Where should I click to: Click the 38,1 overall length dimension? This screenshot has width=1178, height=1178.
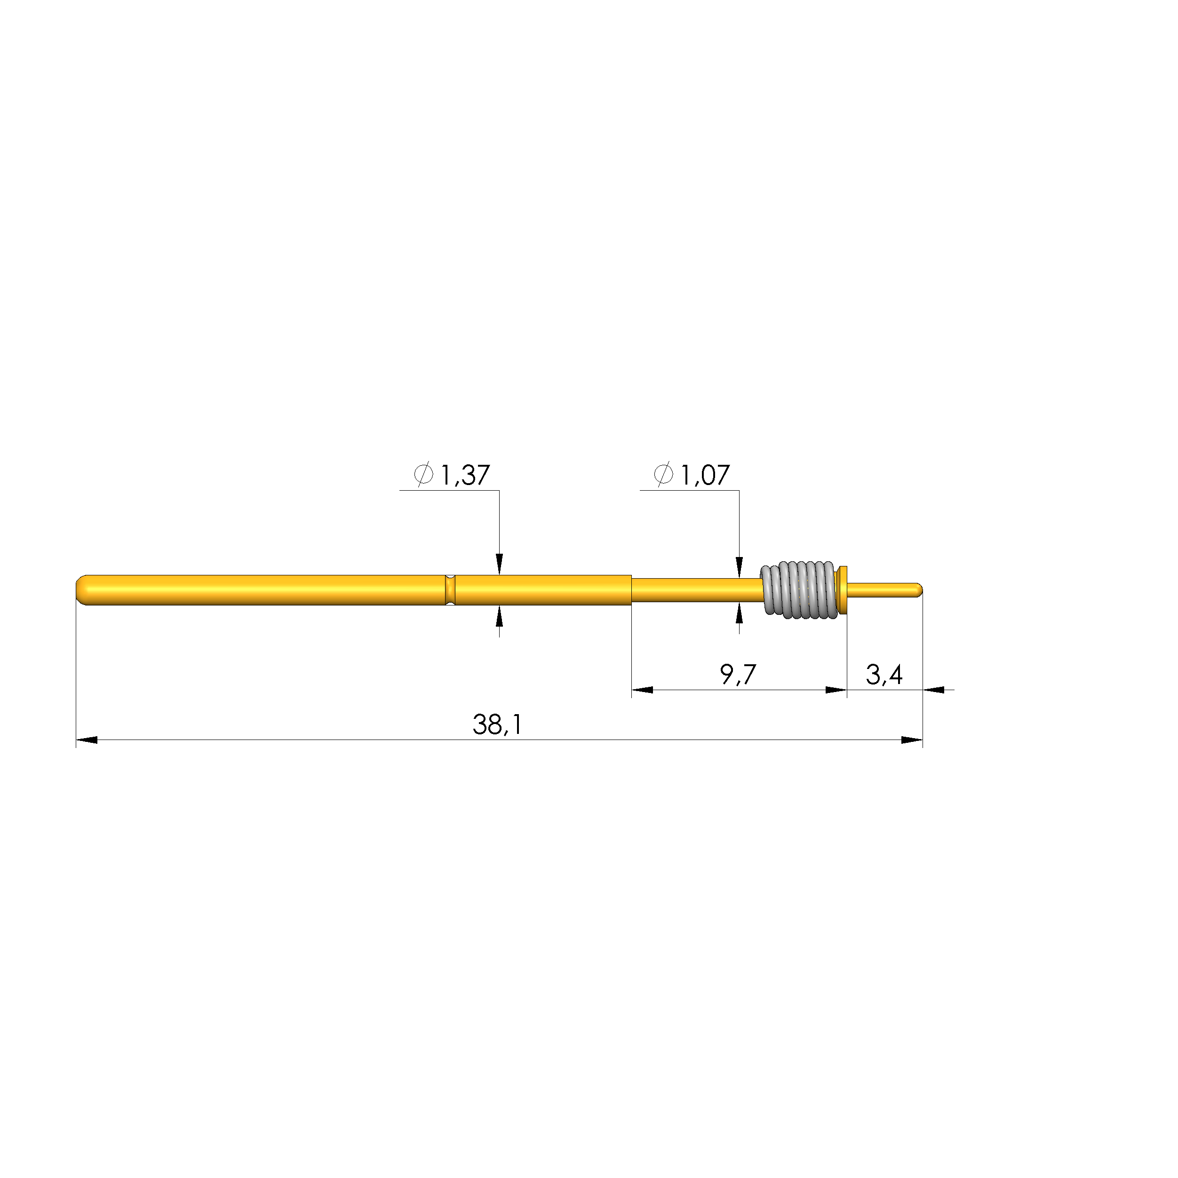(497, 724)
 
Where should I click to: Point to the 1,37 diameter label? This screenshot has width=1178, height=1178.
(465, 475)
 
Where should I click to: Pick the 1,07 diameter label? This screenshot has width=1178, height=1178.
(704, 475)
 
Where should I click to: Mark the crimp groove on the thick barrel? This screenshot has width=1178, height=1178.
(450, 589)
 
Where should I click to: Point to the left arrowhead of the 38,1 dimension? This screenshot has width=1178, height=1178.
(87, 740)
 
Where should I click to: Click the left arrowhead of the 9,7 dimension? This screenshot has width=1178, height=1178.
(643, 690)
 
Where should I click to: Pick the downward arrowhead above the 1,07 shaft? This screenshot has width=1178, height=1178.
(739, 566)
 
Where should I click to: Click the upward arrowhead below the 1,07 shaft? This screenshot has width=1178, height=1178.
(739, 613)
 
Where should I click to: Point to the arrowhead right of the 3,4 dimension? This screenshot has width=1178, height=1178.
(933, 690)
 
